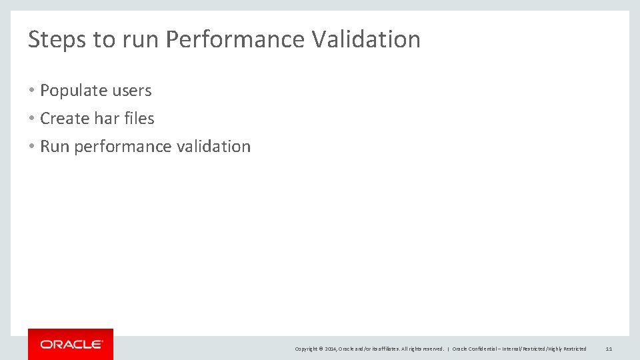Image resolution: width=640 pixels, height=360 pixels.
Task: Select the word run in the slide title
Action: click(x=141, y=39)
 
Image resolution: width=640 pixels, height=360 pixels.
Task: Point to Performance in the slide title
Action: click(x=235, y=39)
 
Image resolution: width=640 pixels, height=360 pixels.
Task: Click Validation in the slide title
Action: click(x=366, y=39)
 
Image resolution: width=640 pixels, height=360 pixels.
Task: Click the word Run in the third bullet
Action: click(x=55, y=147)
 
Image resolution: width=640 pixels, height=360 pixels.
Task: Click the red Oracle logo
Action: click(x=71, y=344)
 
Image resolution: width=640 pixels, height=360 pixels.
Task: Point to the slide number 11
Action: click(x=609, y=349)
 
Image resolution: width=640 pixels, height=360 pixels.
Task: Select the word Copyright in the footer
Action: click(x=306, y=349)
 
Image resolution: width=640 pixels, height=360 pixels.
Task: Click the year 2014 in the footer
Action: click(x=331, y=349)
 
